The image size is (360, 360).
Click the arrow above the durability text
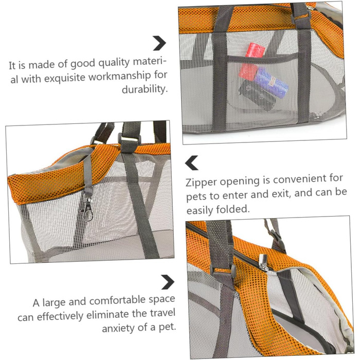[160, 43]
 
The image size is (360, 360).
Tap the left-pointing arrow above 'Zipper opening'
[191, 163]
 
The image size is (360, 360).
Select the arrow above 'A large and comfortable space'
[168, 282]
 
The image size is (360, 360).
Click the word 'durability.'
[145, 89]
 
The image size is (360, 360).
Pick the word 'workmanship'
[120, 76]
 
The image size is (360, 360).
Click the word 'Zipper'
[201, 183]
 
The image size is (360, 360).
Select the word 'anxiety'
[119, 328]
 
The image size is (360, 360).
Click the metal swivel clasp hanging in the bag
[88, 209]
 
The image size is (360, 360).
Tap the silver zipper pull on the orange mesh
[264, 262]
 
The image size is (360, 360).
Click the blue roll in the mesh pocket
[272, 82]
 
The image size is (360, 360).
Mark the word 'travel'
[163, 313]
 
